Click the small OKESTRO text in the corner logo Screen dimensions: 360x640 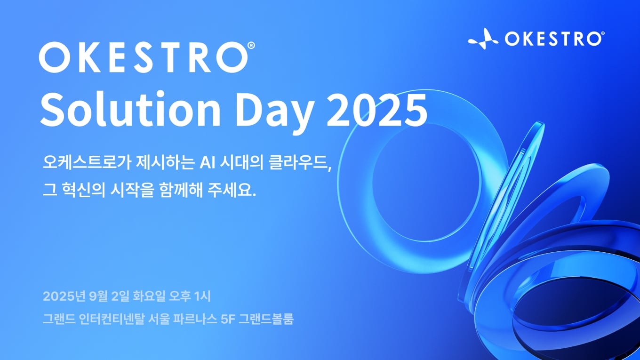552,39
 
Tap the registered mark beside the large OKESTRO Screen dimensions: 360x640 251,45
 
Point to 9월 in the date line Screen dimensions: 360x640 94,297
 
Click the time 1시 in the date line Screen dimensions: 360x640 204,297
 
